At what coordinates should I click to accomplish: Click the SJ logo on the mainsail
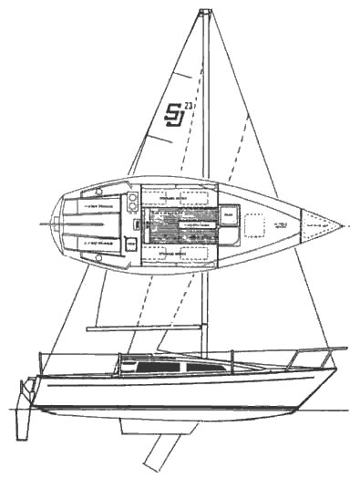[172, 116]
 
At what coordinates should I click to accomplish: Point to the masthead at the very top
[206, 13]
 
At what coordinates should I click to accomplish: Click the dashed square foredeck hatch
[255, 224]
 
